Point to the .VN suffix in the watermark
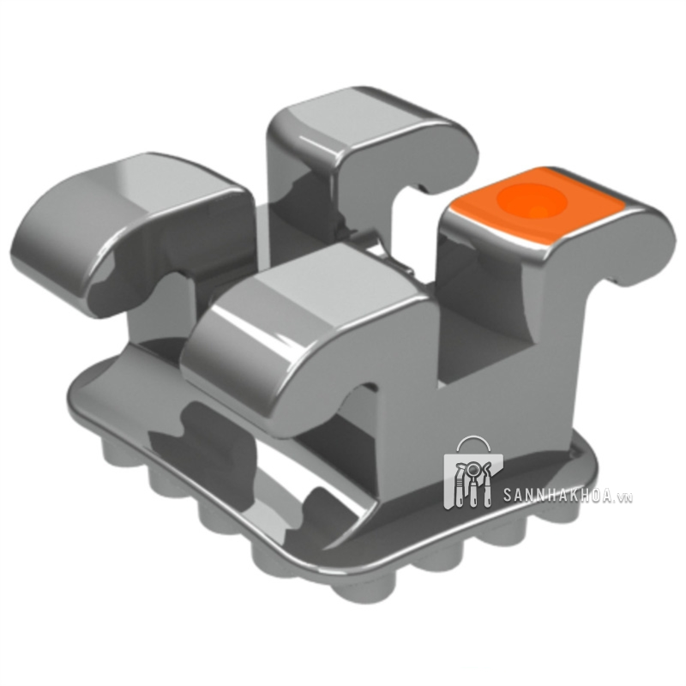[x=623, y=498]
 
